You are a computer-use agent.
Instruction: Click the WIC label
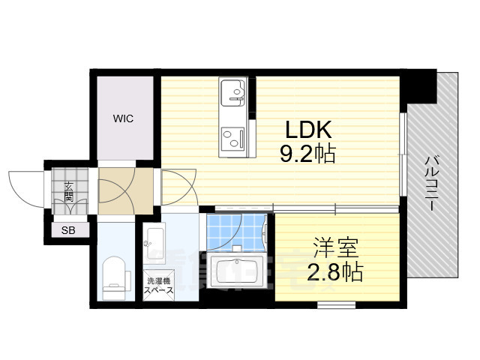click(123, 118)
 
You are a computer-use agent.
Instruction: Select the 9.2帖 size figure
click(307, 154)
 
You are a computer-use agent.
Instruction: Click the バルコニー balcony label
click(433, 184)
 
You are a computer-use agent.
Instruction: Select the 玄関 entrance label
click(68, 192)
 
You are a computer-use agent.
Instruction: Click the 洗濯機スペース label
click(158, 285)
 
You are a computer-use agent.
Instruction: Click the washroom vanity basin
click(155, 238)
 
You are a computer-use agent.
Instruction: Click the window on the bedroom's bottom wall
click(335, 304)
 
